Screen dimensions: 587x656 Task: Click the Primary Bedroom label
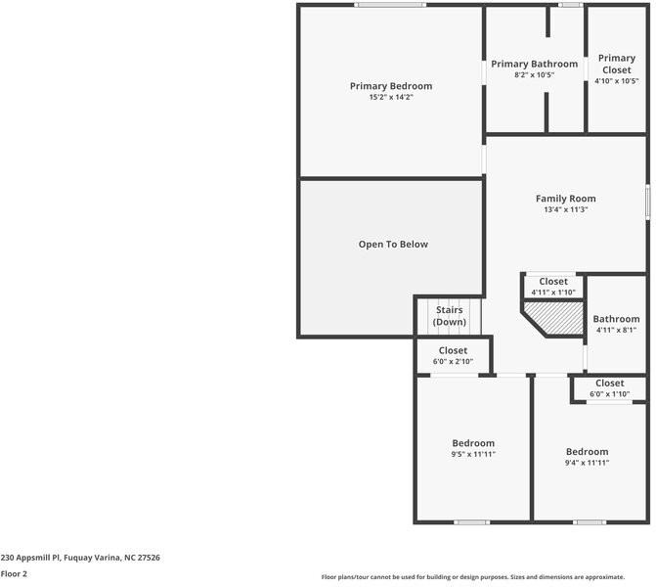(x=390, y=86)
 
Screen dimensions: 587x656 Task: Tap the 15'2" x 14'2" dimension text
(x=390, y=98)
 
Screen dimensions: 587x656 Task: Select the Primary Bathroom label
(x=534, y=64)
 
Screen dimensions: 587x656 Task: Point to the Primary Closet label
(x=616, y=64)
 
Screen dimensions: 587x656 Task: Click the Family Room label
(x=565, y=199)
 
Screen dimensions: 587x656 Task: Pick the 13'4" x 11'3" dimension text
(x=565, y=209)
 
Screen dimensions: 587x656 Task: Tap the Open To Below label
(x=393, y=245)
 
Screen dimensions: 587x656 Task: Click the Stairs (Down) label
(x=450, y=316)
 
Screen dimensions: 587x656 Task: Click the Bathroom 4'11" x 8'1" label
(x=616, y=319)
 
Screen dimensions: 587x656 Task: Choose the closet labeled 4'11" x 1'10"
(x=553, y=287)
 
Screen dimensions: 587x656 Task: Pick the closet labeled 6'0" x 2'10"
(x=453, y=355)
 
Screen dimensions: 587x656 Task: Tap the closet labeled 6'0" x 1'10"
(x=609, y=388)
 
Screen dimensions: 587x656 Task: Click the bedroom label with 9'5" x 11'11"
(x=473, y=448)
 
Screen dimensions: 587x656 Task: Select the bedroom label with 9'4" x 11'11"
(x=587, y=457)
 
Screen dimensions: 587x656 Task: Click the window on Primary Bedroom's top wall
(x=390, y=6)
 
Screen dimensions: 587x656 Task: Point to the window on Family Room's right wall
(x=647, y=202)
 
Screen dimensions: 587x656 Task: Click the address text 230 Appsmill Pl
(x=80, y=558)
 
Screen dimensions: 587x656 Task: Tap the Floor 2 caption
(x=14, y=574)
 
